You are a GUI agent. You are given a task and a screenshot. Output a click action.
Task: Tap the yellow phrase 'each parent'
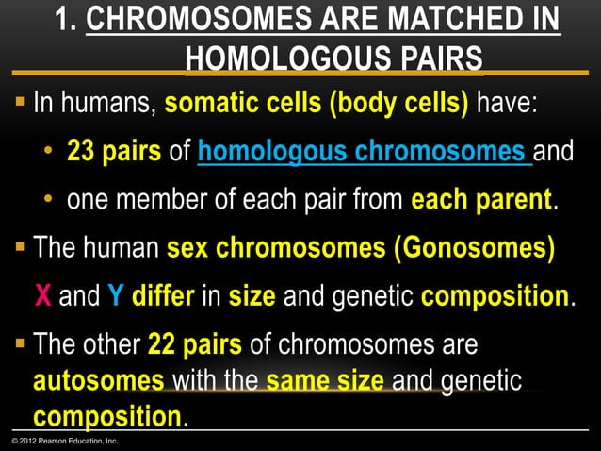coord(480,201)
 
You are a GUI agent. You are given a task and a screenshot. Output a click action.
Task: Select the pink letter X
coord(42,299)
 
